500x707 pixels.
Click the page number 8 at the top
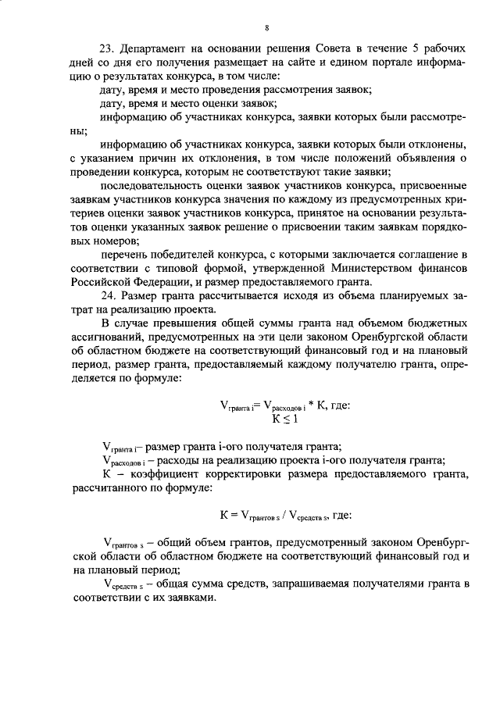coord(266,28)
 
